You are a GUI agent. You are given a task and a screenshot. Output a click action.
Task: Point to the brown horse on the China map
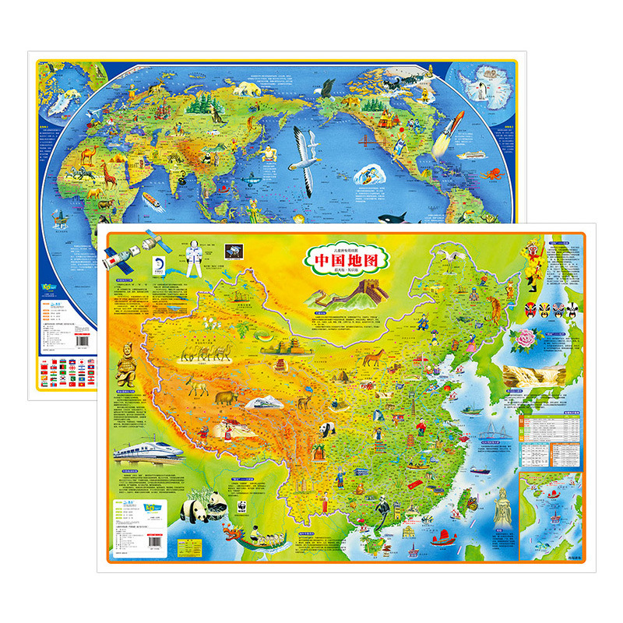click(376, 357)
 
